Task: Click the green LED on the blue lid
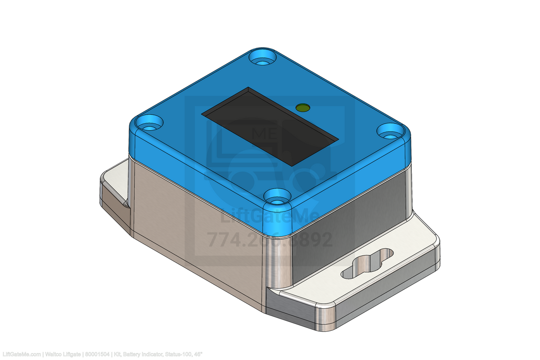point(302,107)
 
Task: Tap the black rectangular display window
point(270,126)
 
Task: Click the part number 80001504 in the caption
point(97,355)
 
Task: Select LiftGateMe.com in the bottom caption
point(21,355)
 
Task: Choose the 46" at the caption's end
point(198,355)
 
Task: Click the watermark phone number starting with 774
point(270,240)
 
